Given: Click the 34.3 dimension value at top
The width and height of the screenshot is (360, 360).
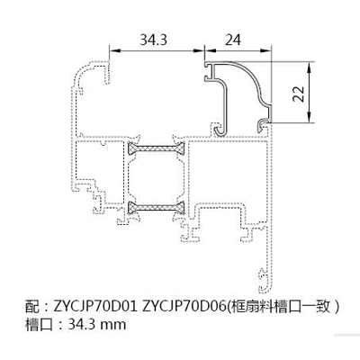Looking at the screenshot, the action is tap(153, 40).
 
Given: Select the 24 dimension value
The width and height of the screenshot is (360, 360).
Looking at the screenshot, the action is tap(232, 40).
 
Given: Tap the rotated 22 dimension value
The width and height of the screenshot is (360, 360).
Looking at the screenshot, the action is tap(298, 93).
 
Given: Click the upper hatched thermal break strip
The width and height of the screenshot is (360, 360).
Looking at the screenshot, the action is tap(157, 148).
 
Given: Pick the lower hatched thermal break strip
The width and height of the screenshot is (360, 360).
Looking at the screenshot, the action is tap(157, 207).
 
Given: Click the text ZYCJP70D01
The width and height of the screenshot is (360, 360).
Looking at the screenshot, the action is tap(94, 307).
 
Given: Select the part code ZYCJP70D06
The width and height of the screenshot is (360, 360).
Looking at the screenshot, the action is tap(184, 307).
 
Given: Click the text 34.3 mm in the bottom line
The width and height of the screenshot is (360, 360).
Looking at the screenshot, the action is tap(97, 324).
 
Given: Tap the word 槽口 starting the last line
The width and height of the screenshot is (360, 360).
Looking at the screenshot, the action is tap(39, 324).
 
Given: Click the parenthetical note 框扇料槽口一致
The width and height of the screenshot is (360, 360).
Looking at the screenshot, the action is tap(283, 307).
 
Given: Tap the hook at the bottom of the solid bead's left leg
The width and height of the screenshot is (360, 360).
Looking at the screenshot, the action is tap(221, 130).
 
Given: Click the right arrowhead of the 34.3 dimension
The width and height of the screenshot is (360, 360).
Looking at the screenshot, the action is tap(198, 50).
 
